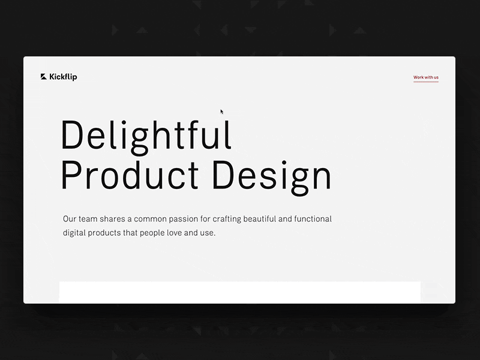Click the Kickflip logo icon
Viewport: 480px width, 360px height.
(43, 77)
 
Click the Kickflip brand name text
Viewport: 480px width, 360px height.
(63, 77)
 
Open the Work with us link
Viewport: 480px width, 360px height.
(426, 77)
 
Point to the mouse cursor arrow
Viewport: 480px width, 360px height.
(222, 112)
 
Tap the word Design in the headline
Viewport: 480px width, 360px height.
(272, 178)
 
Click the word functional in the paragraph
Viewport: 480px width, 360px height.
(313, 219)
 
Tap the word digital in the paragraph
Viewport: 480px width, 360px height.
(74, 233)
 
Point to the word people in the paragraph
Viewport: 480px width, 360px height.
(152, 233)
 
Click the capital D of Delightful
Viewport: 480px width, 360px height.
(72, 134)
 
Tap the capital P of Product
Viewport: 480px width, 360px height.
(70, 175)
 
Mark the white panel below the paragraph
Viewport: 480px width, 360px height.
(239, 292)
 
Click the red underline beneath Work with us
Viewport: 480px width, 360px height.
(426, 82)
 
